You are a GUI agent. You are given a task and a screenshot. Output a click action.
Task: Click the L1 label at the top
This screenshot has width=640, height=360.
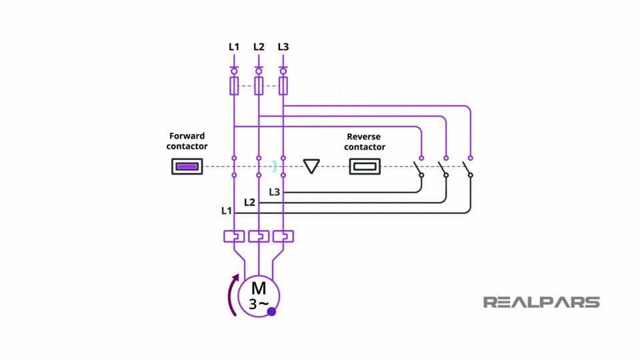(x=234, y=47)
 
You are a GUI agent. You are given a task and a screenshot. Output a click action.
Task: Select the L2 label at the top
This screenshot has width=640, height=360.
(x=259, y=47)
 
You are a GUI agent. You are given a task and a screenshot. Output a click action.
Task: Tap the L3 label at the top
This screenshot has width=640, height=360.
(x=283, y=47)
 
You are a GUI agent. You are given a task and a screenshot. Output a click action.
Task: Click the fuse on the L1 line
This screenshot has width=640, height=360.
(x=234, y=85)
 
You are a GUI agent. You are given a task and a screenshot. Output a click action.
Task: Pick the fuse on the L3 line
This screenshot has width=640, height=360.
(x=283, y=85)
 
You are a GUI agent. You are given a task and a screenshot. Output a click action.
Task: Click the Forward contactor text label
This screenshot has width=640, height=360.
(x=187, y=141)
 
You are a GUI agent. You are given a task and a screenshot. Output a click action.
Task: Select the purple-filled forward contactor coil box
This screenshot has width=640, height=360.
(x=187, y=167)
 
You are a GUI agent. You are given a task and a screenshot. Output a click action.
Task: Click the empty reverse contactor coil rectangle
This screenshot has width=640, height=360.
(x=365, y=167)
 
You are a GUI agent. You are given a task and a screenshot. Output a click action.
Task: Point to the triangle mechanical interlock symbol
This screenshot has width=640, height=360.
(x=311, y=166)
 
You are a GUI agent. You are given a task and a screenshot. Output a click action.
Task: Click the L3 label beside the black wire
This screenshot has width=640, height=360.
(x=275, y=192)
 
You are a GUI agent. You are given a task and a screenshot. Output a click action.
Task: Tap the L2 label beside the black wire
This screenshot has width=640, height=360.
(x=249, y=202)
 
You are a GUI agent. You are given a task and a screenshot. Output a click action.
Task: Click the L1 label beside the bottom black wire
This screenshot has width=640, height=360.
(x=227, y=211)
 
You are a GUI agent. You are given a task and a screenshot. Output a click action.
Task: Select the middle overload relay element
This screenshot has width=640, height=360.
(x=259, y=236)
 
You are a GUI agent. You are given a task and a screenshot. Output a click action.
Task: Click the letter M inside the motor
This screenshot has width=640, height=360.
(x=259, y=289)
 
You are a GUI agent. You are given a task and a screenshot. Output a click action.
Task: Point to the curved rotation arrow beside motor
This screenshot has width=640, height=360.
(x=231, y=293)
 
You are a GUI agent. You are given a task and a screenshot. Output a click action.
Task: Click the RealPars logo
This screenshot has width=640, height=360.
(x=541, y=302)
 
